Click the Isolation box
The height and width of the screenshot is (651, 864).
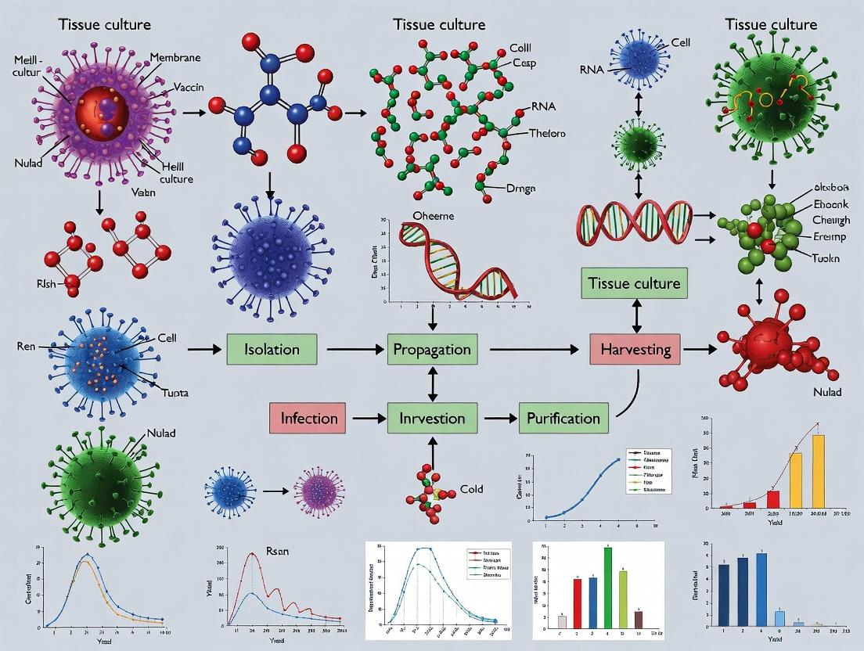pyautogui.click(x=272, y=348)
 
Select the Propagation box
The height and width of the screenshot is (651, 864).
pyautogui.click(x=432, y=348)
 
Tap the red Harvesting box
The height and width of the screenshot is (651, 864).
pyautogui.click(x=635, y=348)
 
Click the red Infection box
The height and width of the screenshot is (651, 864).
pyautogui.click(x=308, y=418)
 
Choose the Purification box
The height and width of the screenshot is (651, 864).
pyautogui.click(x=563, y=418)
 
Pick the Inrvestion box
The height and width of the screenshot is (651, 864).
pyautogui.click(x=432, y=418)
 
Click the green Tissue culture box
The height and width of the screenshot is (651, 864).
pyautogui.click(x=634, y=282)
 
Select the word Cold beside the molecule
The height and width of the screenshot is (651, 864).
pyautogui.click(x=472, y=489)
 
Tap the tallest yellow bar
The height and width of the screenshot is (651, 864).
pyautogui.click(x=818, y=471)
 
